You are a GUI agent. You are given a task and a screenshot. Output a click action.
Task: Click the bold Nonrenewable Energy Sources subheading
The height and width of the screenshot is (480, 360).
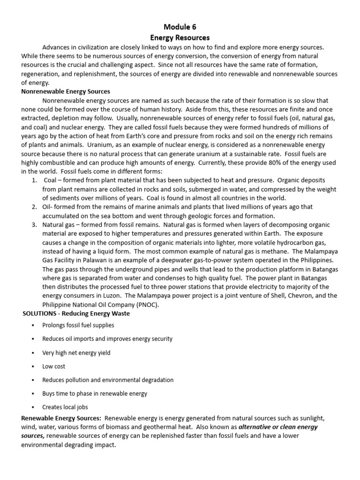tap(66, 91)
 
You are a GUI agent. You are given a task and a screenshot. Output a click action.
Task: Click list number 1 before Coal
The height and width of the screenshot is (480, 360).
tap(34, 180)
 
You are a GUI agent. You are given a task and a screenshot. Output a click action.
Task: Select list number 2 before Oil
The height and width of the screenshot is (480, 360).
tap(34, 207)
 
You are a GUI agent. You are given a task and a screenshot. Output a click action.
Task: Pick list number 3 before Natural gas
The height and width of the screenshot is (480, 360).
tap(34, 225)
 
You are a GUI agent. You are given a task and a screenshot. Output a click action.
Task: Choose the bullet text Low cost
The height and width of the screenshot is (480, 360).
tap(54, 366)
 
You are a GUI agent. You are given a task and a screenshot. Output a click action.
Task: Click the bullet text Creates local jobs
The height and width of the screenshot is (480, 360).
tap(65, 407)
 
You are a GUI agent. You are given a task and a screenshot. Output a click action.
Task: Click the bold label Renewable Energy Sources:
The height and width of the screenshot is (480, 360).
tap(61, 418)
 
